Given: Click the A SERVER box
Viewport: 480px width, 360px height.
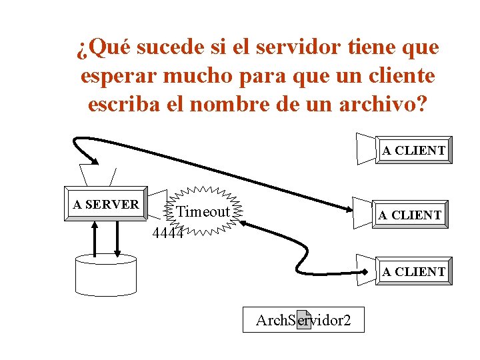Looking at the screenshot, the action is click(x=106, y=205).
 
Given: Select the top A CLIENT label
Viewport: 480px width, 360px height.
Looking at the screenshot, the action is click(x=413, y=150).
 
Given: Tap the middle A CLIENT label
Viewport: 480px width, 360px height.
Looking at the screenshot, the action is click(x=409, y=215).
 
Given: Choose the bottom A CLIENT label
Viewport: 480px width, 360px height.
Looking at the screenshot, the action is click(x=413, y=271).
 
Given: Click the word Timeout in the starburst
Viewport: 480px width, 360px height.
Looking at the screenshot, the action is click(x=204, y=212).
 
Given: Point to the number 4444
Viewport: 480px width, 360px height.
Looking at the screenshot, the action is click(x=167, y=233).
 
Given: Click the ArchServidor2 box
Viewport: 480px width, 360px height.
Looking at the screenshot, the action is click(x=303, y=320).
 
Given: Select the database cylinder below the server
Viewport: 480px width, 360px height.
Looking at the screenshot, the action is click(x=106, y=273).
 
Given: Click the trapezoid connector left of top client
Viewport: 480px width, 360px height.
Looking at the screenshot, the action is click(x=366, y=147).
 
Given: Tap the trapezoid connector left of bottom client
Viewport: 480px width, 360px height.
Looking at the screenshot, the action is click(x=366, y=269).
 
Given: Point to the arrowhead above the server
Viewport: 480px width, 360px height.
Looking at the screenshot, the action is click(x=95, y=160).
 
